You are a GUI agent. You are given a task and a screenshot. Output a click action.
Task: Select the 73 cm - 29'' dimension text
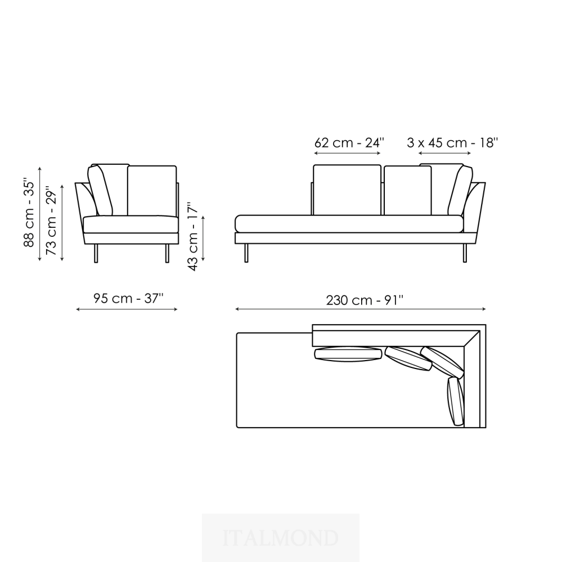51,220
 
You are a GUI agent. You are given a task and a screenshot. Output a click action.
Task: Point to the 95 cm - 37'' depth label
128,298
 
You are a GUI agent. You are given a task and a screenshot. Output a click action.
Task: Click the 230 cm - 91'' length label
365,300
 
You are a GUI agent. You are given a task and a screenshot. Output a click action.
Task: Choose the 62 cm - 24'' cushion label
349,143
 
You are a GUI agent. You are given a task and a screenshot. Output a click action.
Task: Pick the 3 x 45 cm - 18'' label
452,143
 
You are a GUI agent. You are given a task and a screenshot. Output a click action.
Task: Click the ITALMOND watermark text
281,538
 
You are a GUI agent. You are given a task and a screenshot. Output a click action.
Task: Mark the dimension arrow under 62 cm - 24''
347,154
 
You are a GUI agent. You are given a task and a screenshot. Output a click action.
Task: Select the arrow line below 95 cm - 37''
127,309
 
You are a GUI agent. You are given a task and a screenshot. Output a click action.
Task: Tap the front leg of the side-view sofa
167,253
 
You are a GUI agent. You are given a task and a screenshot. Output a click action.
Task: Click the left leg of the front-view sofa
246,253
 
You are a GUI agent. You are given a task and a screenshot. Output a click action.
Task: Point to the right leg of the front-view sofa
465,253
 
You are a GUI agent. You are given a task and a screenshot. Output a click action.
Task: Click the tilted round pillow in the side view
100,190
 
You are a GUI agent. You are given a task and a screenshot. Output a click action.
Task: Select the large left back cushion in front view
347,190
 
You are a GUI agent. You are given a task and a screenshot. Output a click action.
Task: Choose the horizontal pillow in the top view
348,354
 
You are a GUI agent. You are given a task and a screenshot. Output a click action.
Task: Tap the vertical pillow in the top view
455,401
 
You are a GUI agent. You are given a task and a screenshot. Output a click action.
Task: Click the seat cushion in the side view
131,224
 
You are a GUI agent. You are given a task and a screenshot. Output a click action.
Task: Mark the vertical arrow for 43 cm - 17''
203,238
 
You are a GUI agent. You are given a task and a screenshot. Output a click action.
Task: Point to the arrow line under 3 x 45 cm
444,154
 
